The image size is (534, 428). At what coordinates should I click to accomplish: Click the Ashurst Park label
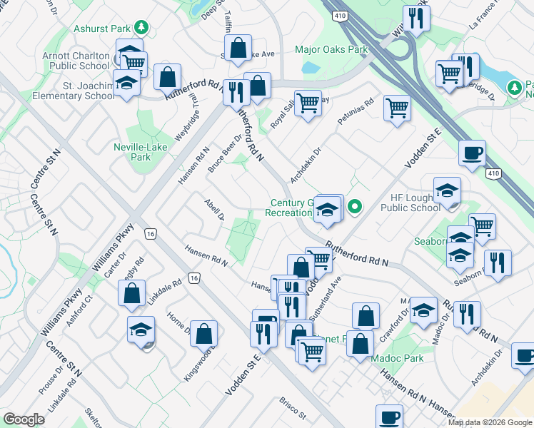104,29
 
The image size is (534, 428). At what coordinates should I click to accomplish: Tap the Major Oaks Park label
331,50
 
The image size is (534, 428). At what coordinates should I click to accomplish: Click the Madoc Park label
400,358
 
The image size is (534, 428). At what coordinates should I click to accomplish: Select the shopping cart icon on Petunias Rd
396,108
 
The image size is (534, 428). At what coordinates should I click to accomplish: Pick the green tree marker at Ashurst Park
142,28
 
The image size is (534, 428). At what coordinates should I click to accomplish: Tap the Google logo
24,419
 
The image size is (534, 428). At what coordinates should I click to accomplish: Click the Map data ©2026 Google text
490,422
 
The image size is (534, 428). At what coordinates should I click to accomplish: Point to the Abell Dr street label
214,209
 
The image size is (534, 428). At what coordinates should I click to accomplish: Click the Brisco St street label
292,409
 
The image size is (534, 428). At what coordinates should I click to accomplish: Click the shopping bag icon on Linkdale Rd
133,293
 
